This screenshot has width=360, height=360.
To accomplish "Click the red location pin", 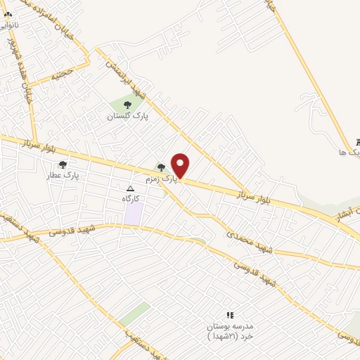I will click(181, 165).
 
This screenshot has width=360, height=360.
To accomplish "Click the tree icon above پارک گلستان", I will click(127, 105).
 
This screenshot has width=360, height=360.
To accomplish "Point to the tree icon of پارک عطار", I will click(63, 165).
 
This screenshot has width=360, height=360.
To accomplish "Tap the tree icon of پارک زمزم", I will click(162, 167).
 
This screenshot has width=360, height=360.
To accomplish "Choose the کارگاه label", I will click(130, 199).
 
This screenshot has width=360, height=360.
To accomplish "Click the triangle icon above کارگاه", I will click(130, 188).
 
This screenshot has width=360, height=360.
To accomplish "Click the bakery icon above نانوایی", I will click(8, 13).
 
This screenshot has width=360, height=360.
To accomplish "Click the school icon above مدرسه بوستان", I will click(229, 315).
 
